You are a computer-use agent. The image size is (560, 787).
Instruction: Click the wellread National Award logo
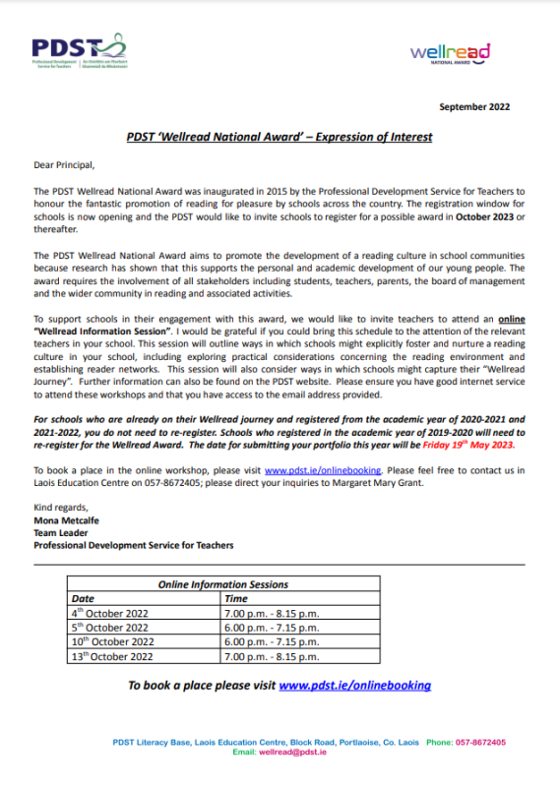point(449,51)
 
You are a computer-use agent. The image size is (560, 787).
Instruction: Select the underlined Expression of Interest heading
point(280,137)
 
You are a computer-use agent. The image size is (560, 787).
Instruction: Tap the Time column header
point(236,598)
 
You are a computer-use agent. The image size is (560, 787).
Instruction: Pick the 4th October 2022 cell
point(109,613)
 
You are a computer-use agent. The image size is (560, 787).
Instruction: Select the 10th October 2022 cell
point(111,641)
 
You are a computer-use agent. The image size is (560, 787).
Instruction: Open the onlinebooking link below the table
point(354,685)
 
